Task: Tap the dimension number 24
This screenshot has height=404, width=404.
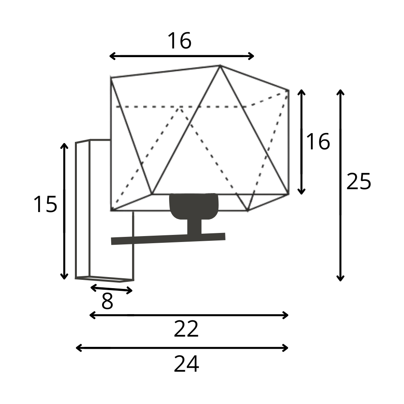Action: click(x=186, y=364)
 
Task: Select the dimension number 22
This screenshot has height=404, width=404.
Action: click(x=186, y=329)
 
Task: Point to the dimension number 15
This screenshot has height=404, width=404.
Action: click(x=45, y=204)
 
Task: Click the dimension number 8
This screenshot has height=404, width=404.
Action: click(x=107, y=301)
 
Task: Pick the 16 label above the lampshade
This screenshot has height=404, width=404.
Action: click(x=180, y=41)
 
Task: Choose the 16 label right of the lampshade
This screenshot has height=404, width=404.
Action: click(x=318, y=141)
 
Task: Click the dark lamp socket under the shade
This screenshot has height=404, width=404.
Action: click(x=194, y=206)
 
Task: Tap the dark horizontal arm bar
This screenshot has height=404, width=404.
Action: click(x=168, y=238)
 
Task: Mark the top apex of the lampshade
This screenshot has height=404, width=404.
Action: click(x=220, y=66)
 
